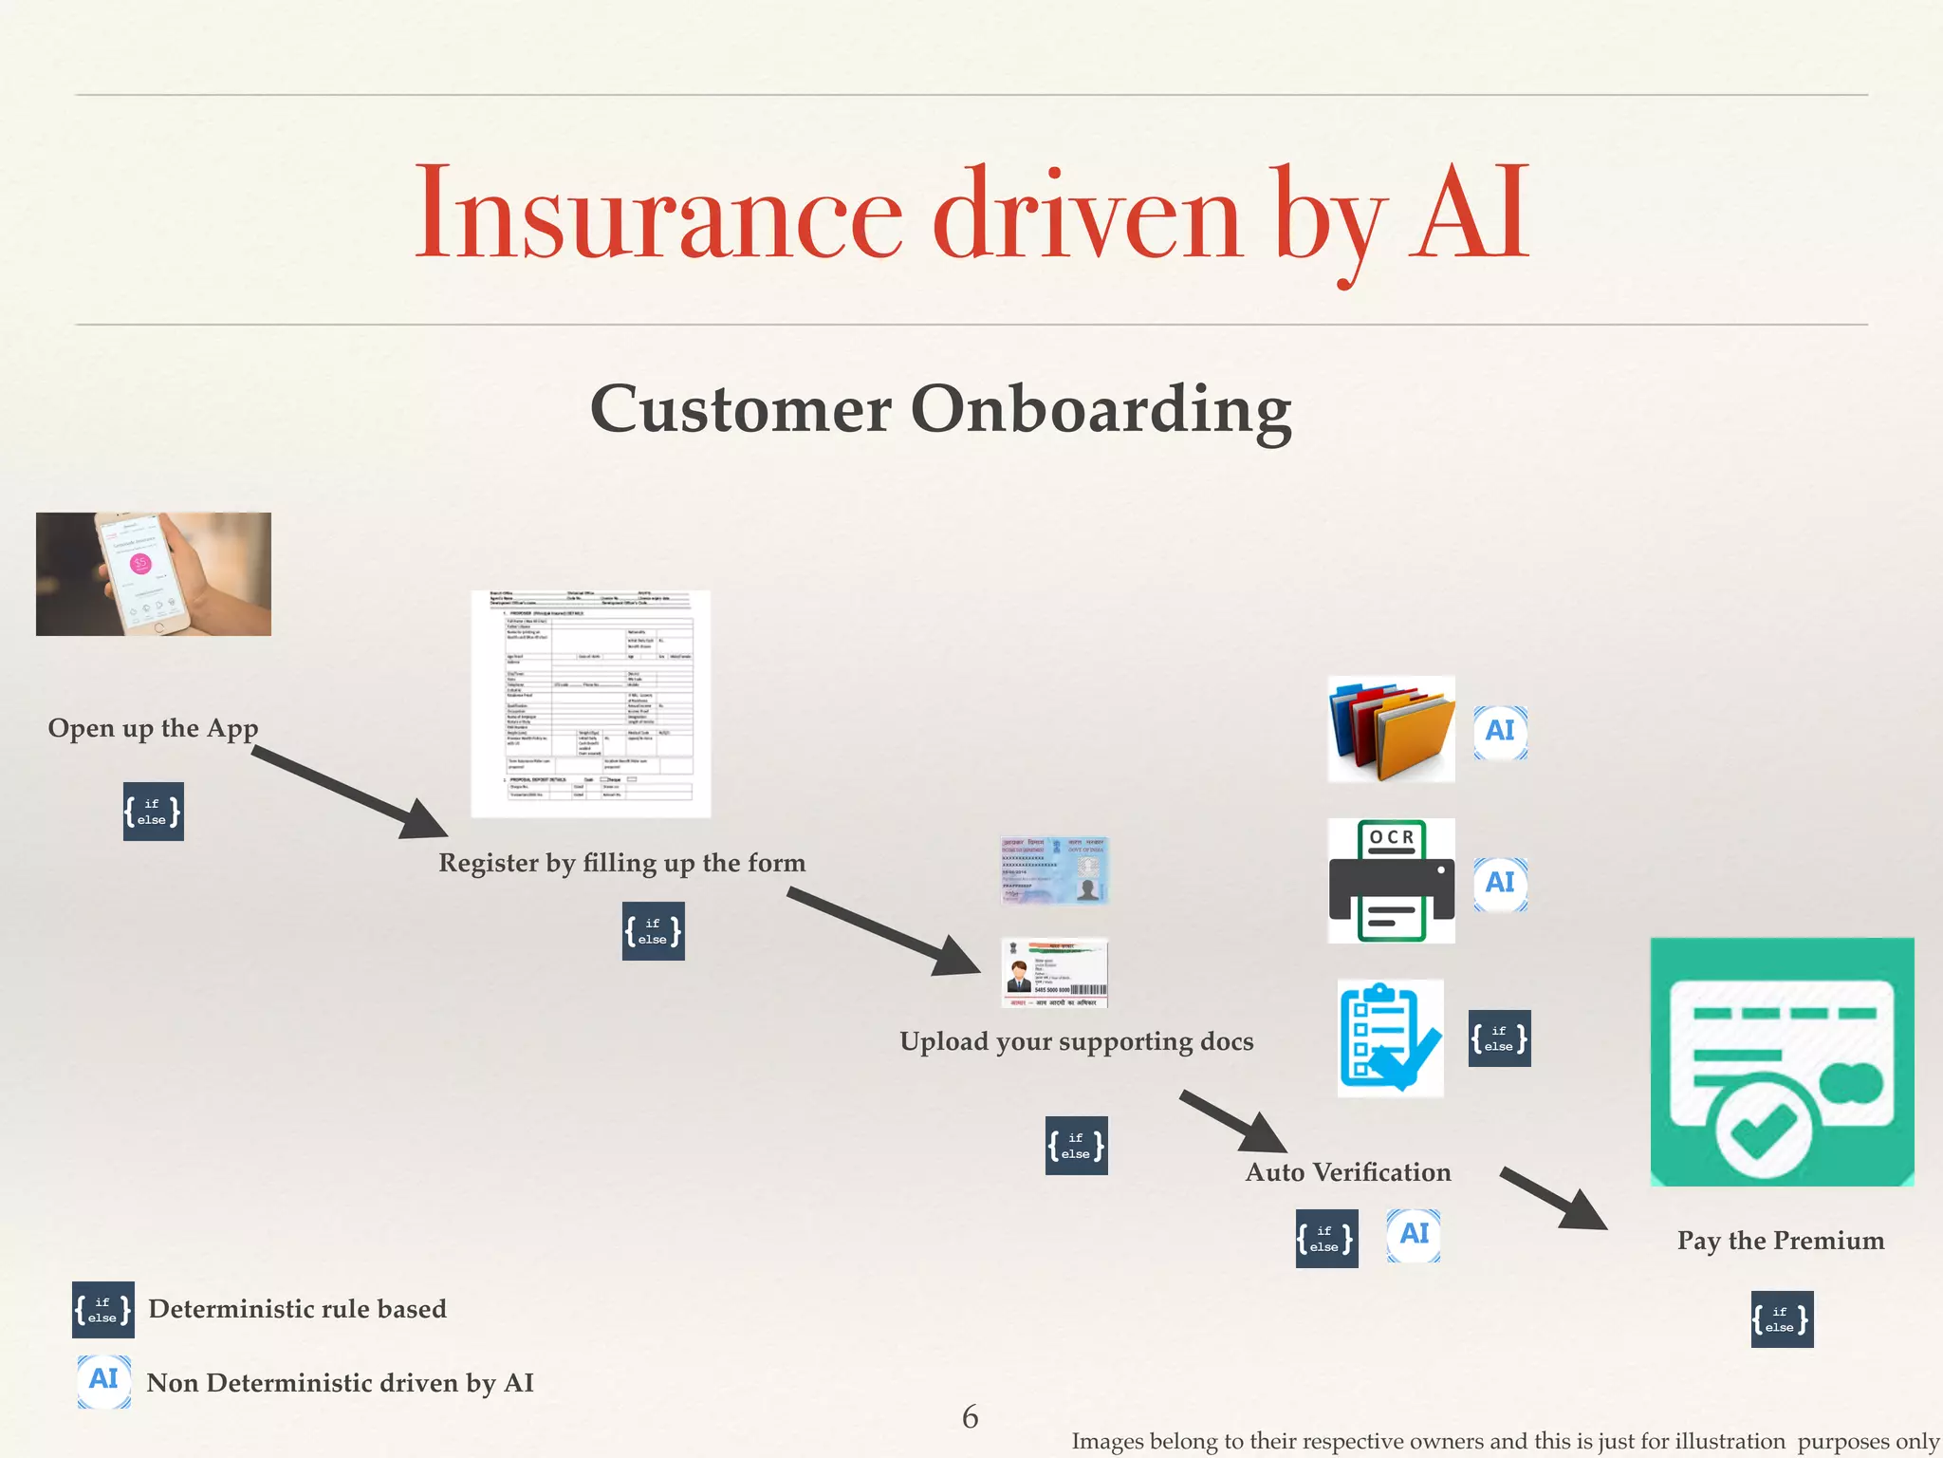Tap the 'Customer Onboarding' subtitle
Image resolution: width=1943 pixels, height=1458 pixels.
[x=940, y=409]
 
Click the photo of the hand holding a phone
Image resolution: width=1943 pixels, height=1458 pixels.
[x=154, y=574]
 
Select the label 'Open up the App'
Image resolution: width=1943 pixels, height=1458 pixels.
[x=153, y=728]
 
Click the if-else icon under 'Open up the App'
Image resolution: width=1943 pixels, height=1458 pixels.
[x=153, y=812]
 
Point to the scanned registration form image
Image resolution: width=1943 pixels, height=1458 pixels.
[x=590, y=703]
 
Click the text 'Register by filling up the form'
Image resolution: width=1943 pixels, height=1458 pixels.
[x=621, y=863]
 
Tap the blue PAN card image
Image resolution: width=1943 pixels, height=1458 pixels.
[x=1054, y=870]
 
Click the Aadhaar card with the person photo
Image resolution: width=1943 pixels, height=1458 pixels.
[x=1054, y=973]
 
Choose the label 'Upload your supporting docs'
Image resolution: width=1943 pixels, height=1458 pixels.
[x=1076, y=1041]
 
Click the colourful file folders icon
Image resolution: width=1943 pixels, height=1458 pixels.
[x=1391, y=729]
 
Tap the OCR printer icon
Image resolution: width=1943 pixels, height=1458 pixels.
[x=1391, y=881]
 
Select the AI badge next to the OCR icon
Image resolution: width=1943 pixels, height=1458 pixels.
[x=1500, y=884]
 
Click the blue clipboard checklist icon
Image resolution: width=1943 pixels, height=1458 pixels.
[x=1390, y=1037]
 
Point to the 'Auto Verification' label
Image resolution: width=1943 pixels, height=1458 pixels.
[x=1347, y=1172]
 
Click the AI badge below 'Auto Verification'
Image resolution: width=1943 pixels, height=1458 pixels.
[x=1413, y=1235]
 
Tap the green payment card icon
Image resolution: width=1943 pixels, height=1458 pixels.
[x=1782, y=1062]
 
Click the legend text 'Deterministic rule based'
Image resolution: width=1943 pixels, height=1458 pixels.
[x=297, y=1309]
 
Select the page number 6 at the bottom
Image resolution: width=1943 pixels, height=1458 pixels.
[x=970, y=1417]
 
